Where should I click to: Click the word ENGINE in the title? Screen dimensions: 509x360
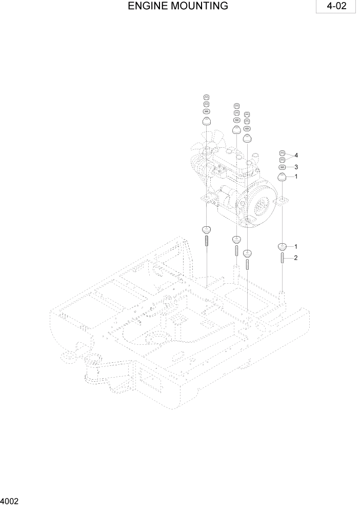click(146, 6)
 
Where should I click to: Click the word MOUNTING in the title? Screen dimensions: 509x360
click(196, 6)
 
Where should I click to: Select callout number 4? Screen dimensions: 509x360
click(296, 155)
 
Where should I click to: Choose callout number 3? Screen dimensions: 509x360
click(296, 167)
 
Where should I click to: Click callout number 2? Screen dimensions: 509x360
click(296, 258)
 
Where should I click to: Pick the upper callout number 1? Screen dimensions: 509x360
click(296, 177)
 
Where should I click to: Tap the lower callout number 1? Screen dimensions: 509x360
click(296, 247)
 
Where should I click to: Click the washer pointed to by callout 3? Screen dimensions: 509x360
click(282, 167)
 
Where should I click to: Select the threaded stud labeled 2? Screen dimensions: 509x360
click(282, 259)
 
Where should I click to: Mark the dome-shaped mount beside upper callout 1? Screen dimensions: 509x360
click(282, 178)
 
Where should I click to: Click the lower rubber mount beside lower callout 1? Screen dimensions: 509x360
click(282, 246)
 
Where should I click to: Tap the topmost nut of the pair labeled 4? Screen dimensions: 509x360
click(282, 152)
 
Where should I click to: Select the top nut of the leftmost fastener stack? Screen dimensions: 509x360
click(206, 97)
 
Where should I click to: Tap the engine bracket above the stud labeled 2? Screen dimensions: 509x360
click(282, 204)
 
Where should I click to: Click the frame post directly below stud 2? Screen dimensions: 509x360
click(282, 296)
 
